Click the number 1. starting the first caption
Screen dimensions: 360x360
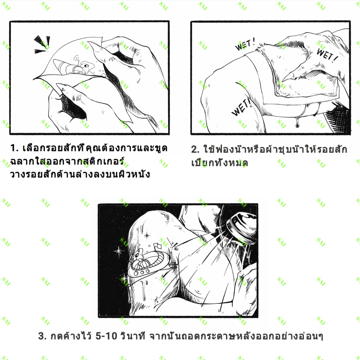click(x=14, y=148)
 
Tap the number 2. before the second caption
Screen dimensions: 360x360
click(x=195, y=149)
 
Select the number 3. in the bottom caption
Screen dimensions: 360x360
click(x=42, y=336)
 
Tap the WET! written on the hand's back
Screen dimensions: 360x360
click(x=327, y=55)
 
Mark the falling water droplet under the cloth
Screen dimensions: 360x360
click(x=297, y=122)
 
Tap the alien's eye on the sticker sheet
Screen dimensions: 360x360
click(x=86, y=66)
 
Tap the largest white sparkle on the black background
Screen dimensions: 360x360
click(x=118, y=251)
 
